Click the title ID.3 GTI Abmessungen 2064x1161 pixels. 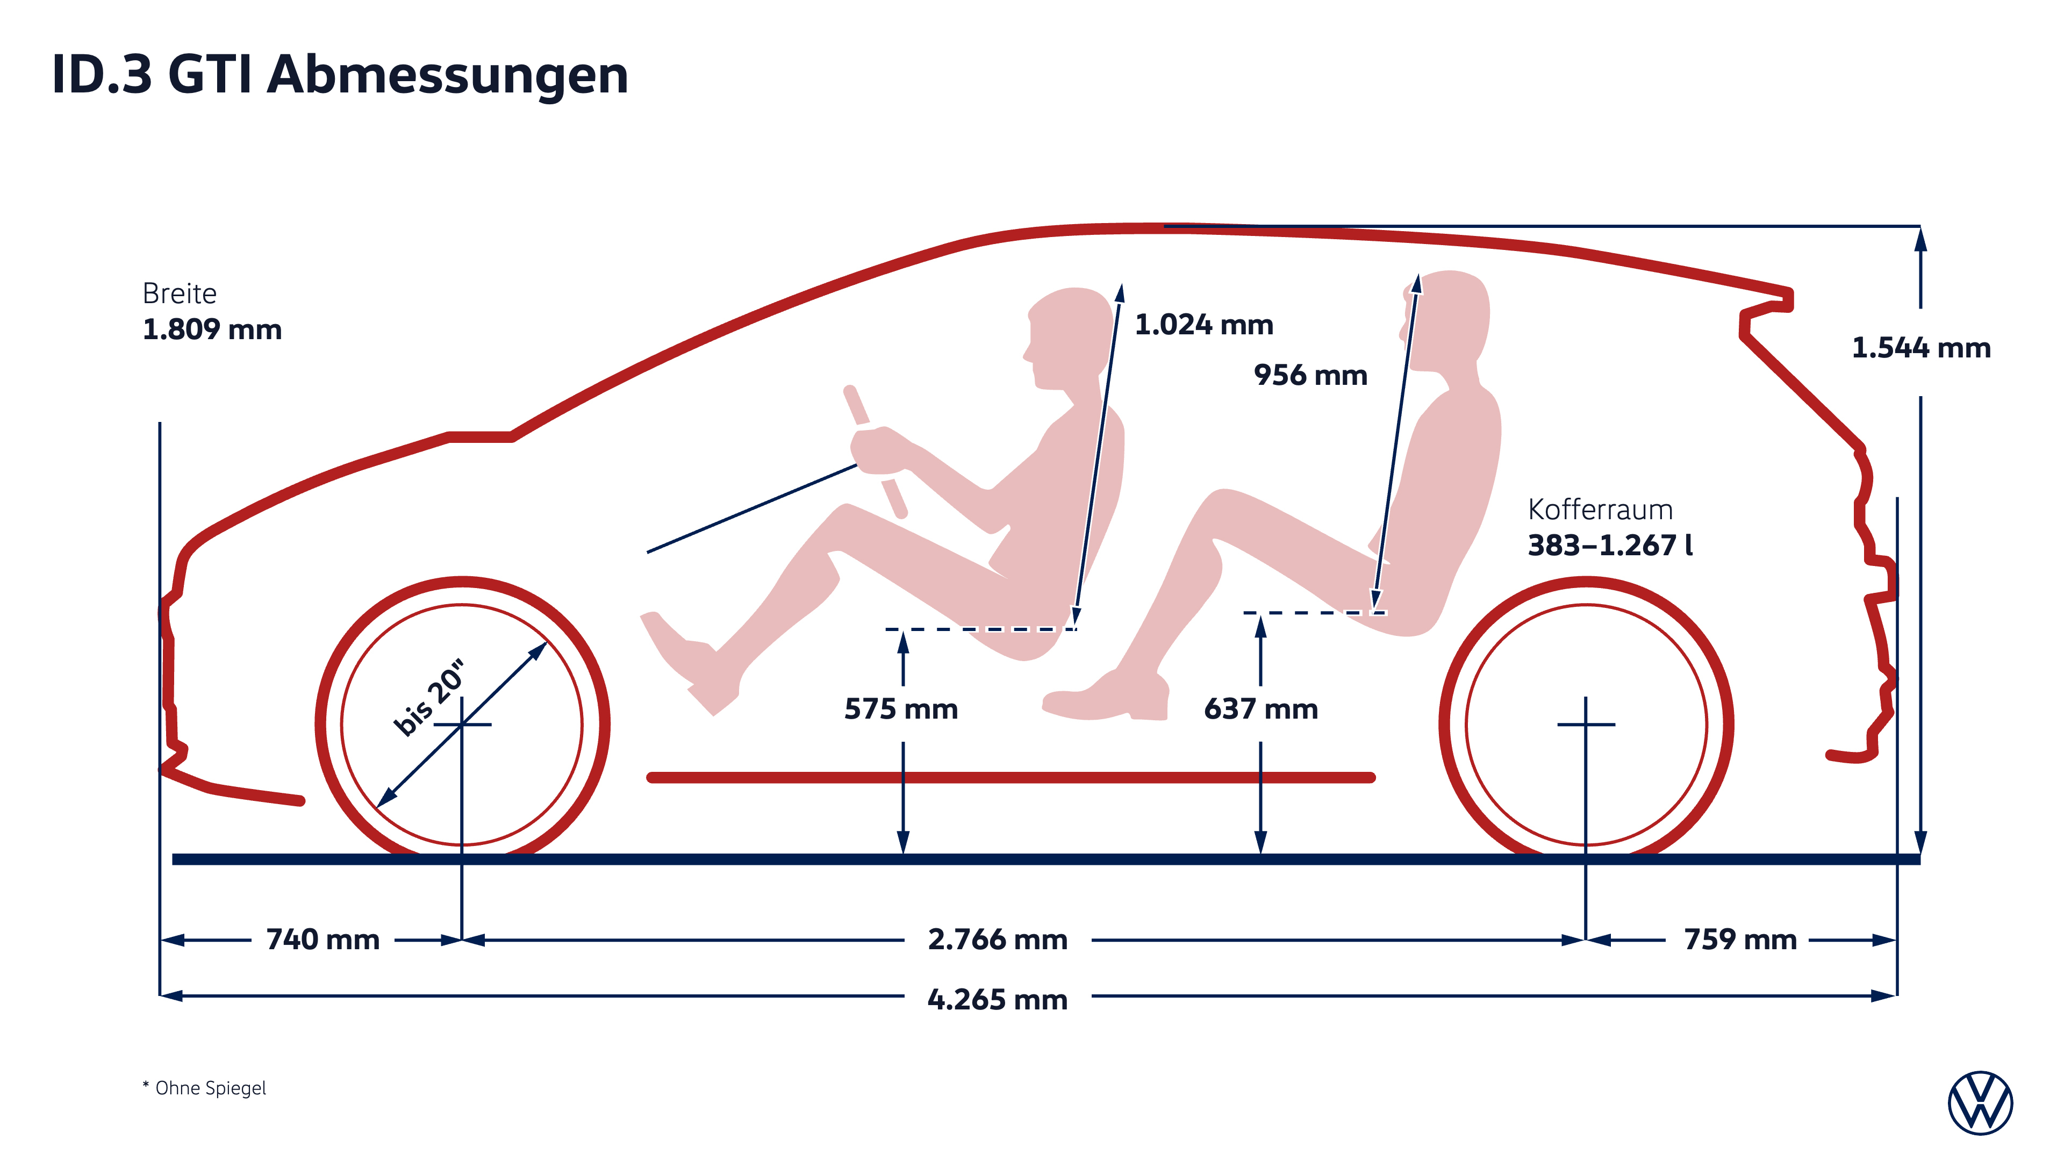(x=340, y=75)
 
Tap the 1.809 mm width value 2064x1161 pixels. (x=212, y=329)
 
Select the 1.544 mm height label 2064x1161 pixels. (x=1920, y=348)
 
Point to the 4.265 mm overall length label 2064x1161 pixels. (x=998, y=999)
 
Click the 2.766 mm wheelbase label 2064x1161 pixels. (x=998, y=939)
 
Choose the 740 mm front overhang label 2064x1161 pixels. (x=323, y=939)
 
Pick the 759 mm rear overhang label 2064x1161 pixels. (x=1740, y=939)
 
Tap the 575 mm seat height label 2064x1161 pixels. (x=901, y=709)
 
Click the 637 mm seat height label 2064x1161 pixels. (x=1261, y=709)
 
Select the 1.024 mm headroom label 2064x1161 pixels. (x=1204, y=325)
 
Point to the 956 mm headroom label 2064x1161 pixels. (x=1311, y=375)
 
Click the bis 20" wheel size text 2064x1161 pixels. (x=429, y=697)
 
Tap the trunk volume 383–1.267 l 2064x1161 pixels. (x=1610, y=545)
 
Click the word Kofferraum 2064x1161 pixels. (x=1600, y=510)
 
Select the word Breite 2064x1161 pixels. (x=180, y=293)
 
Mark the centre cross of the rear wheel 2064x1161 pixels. (x=1586, y=725)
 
